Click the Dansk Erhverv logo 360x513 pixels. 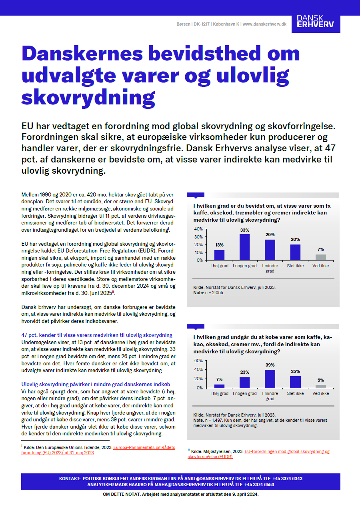(x=315, y=24)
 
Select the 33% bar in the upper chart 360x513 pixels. (x=244, y=247)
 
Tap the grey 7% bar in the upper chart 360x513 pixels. (x=320, y=257)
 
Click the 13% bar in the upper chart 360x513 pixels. (x=219, y=255)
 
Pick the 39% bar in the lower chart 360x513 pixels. (x=270, y=379)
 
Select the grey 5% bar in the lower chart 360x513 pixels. (x=320, y=386)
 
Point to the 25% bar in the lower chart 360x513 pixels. (x=295, y=382)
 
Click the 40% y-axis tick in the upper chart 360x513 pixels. (x=198, y=229)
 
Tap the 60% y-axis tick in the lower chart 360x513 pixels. (x=198, y=360)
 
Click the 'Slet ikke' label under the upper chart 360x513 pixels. (x=295, y=265)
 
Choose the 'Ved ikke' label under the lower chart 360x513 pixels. (x=320, y=393)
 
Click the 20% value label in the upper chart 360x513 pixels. (x=295, y=239)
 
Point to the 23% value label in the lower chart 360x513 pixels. (x=244, y=372)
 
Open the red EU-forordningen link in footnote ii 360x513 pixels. (x=287, y=451)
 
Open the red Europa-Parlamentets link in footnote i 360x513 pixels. (x=144, y=447)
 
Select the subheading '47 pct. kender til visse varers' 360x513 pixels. (x=97, y=335)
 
